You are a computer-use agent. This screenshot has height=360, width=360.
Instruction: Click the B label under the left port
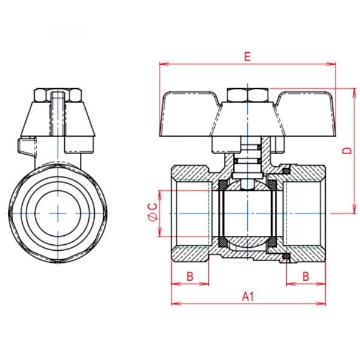[x=190, y=276]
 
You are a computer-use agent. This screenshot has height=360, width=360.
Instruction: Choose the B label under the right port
[x=305, y=276]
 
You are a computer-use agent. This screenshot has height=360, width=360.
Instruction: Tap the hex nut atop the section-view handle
[x=247, y=95]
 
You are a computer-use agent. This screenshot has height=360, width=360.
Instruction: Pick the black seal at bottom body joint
[x=286, y=257]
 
